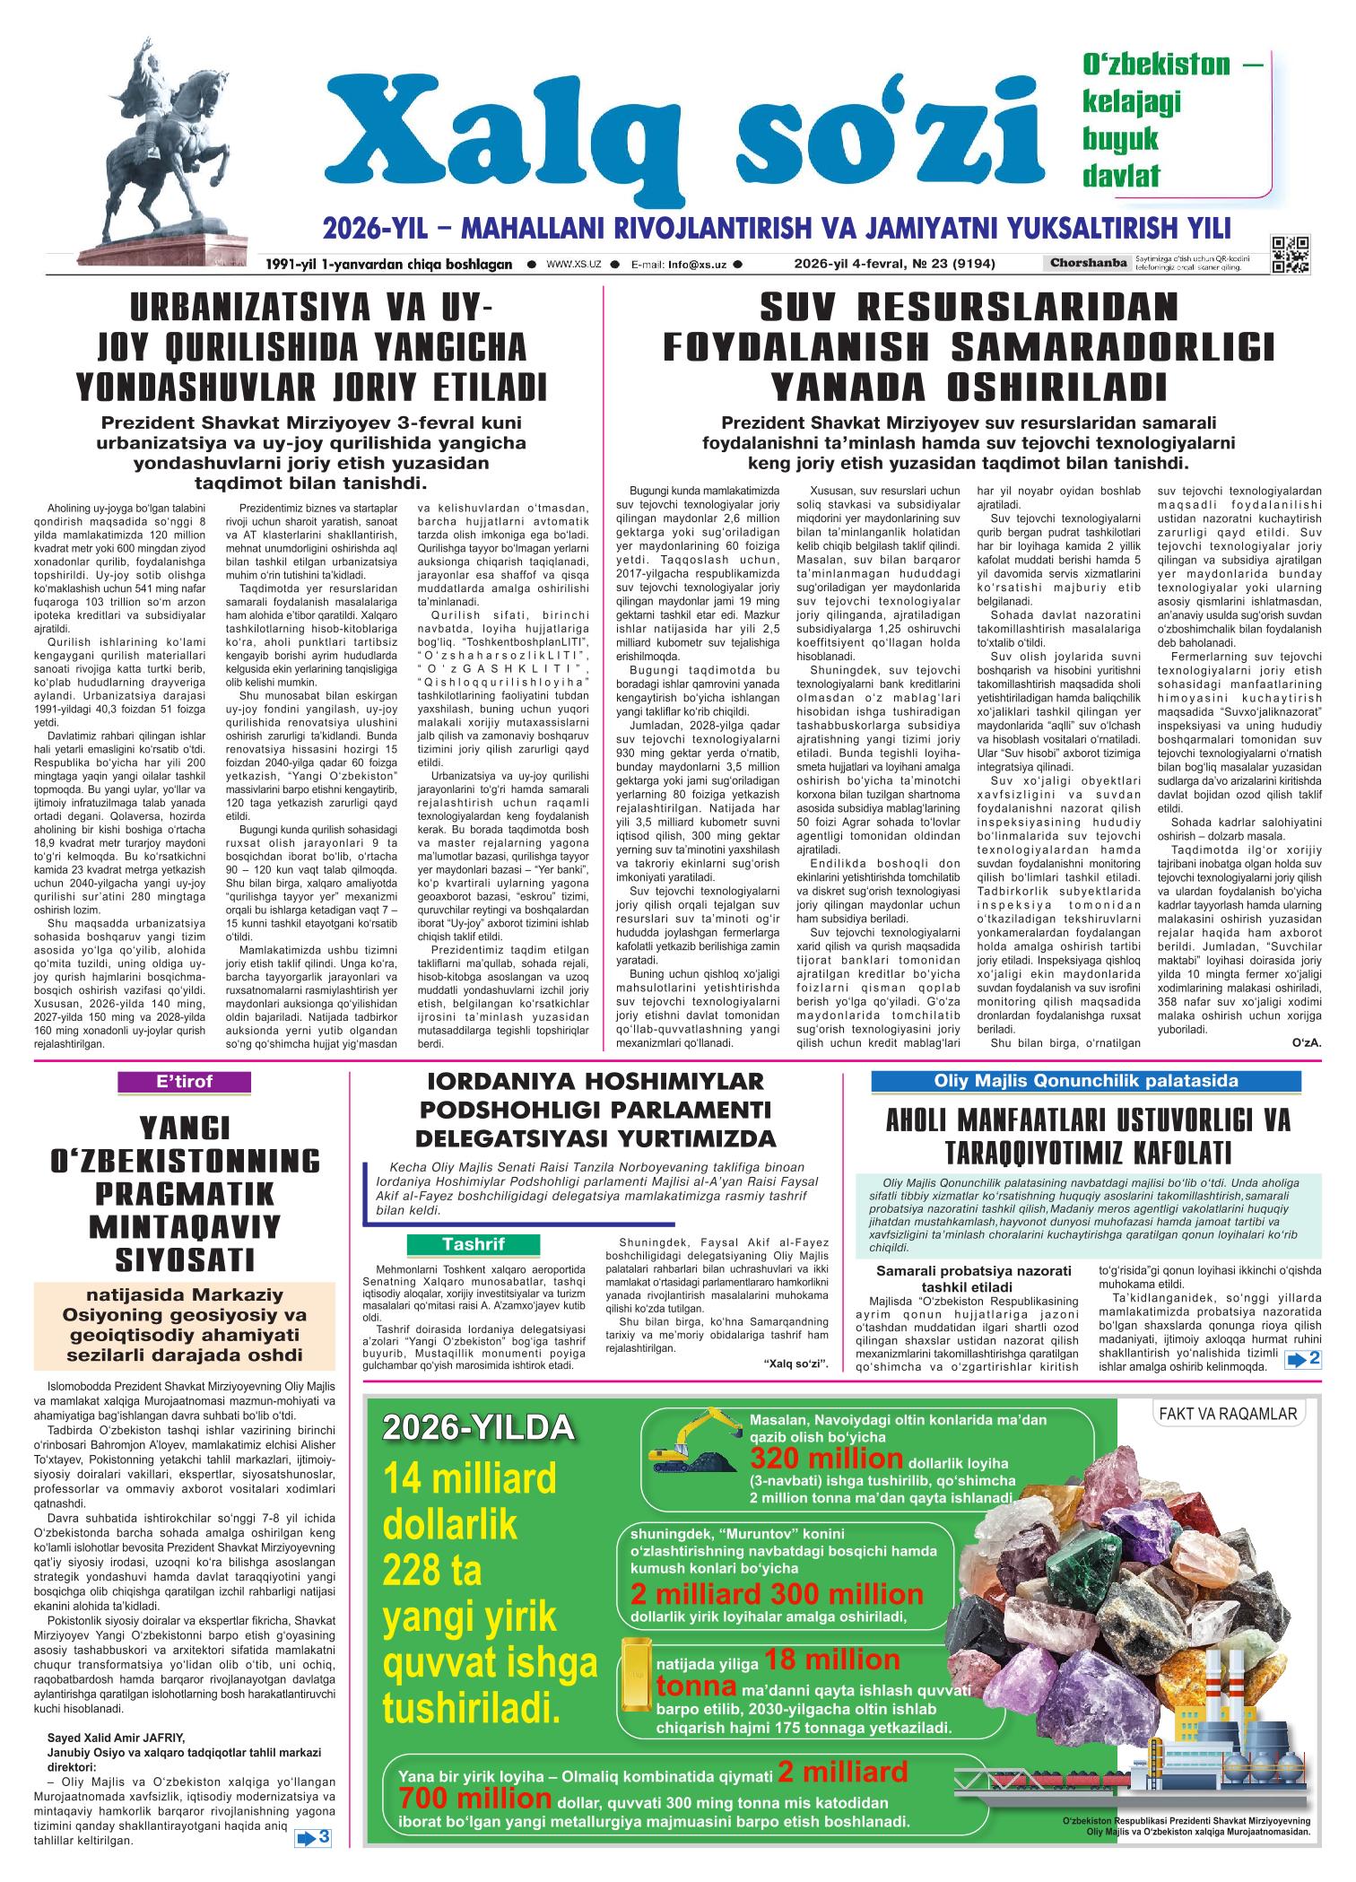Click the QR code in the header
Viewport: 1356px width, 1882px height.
[1290, 254]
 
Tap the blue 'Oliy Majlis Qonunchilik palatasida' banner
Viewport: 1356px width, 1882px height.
[1086, 1082]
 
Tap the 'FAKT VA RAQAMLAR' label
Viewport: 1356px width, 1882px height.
[1229, 1415]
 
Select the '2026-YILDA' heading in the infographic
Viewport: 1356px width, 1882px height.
[477, 1427]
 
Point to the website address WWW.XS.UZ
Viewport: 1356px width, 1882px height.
[573, 265]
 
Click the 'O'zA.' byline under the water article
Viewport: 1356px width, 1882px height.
[1306, 1042]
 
